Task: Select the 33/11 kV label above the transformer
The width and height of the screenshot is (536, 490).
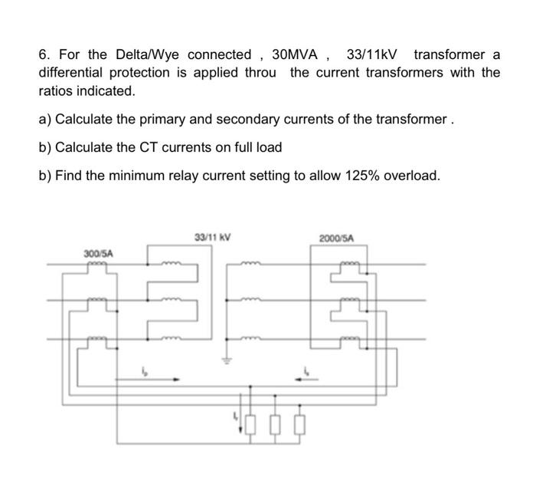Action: [213, 238]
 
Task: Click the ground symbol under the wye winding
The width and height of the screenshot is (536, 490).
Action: [227, 360]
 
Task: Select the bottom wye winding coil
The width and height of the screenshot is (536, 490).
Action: [253, 337]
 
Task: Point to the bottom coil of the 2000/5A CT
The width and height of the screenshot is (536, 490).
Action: [343, 337]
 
